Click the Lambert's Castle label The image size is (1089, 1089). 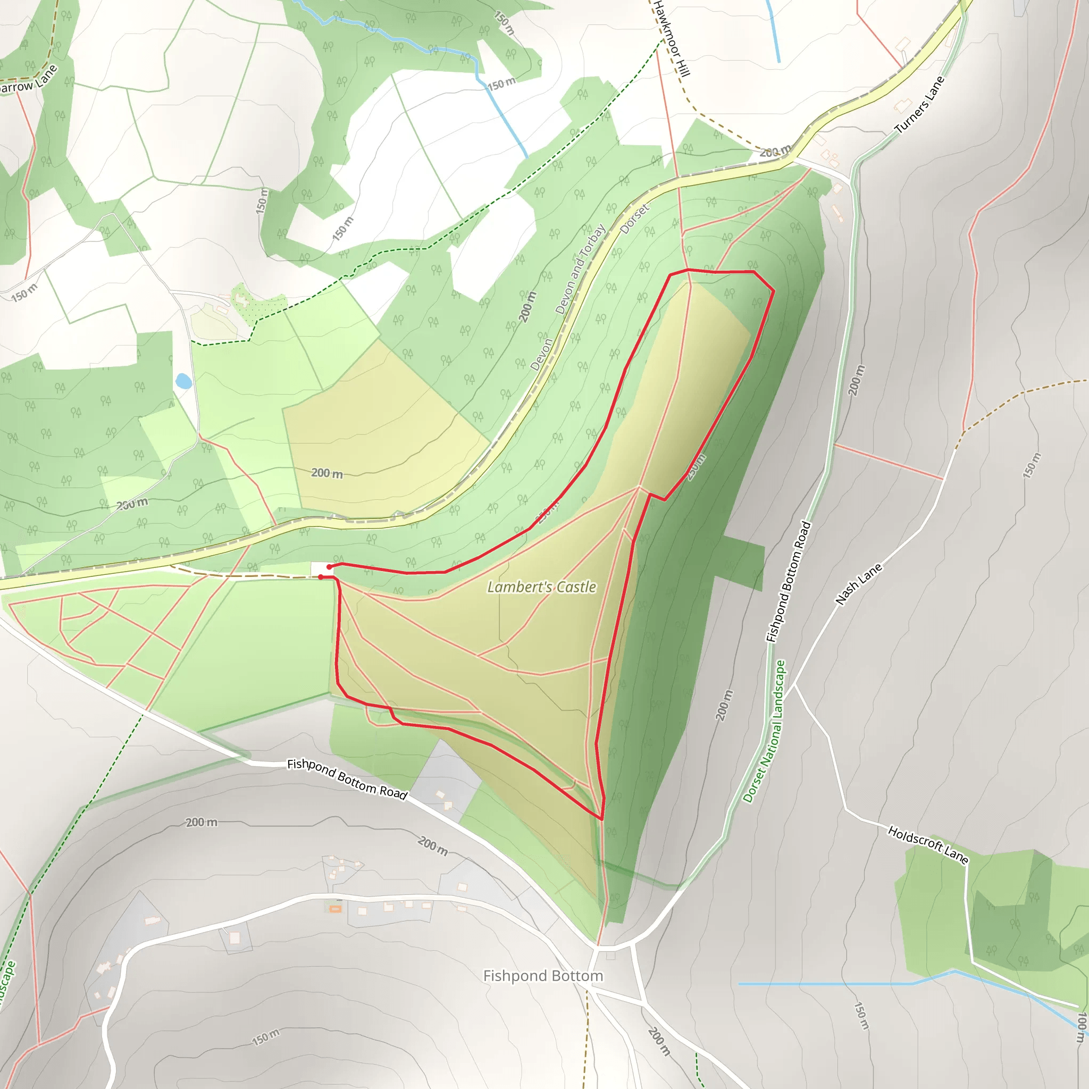coord(541,588)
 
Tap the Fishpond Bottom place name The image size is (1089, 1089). coord(543,976)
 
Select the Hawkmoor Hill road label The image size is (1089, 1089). coord(672,38)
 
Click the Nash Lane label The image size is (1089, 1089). coord(858,584)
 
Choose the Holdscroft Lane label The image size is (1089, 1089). coord(928,844)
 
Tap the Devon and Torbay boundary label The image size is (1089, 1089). coord(580,269)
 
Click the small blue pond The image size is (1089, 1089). coord(183,381)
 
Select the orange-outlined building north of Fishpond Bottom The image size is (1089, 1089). coord(336,909)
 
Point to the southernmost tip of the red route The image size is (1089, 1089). coord(602,819)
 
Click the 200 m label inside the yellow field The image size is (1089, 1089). coord(327,473)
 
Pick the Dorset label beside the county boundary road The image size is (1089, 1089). coord(634,219)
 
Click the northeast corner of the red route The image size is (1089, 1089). coord(773,290)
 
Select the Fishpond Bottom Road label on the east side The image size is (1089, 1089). coord(788,582)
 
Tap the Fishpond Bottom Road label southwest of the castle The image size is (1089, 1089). coord(347,779)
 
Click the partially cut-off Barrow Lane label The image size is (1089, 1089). coord(28,80)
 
